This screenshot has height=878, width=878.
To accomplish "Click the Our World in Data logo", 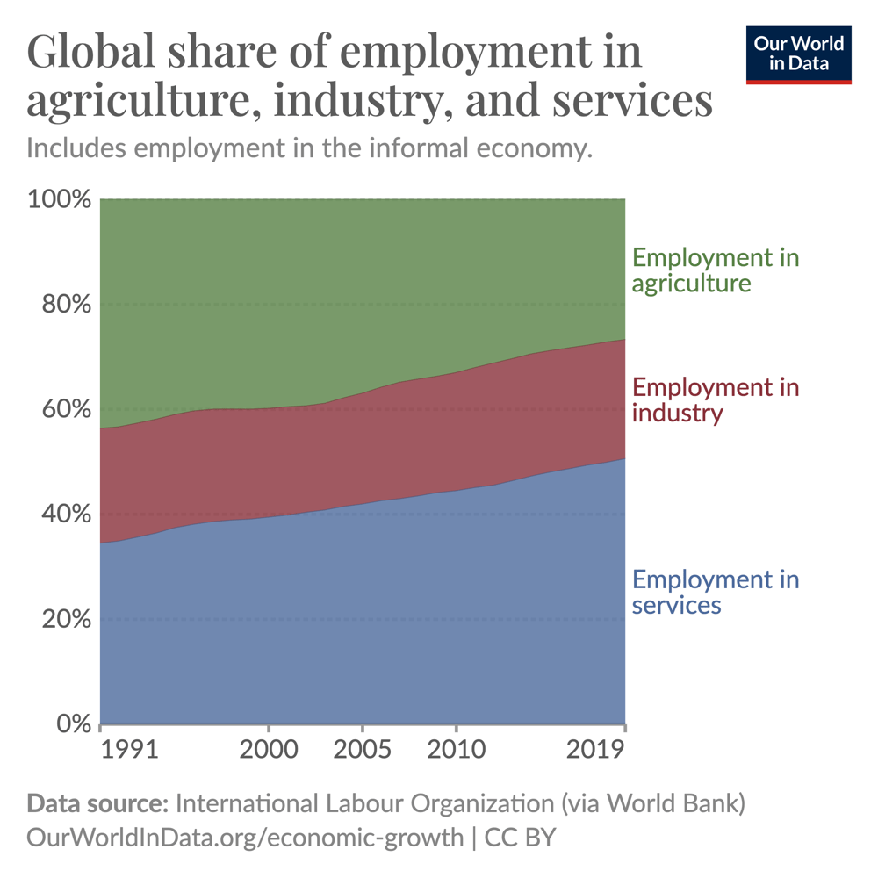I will click(799, 54).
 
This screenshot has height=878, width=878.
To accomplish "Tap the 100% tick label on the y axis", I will click(60, 199).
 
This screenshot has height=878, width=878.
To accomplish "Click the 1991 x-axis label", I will click(129, 750).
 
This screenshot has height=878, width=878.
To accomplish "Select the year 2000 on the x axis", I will click(268, 750).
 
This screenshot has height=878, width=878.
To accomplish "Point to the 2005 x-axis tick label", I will click(362, 750).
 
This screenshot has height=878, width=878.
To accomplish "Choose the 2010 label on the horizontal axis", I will click(456, 750).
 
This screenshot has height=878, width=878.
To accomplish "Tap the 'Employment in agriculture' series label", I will click(716, 270).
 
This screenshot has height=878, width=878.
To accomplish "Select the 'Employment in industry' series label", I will click(716, 400).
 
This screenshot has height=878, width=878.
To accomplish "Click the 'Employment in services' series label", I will click(716, 592).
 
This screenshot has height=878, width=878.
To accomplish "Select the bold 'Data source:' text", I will click(97, 804).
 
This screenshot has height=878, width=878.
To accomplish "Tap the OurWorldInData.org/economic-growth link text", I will click(245, 837).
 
